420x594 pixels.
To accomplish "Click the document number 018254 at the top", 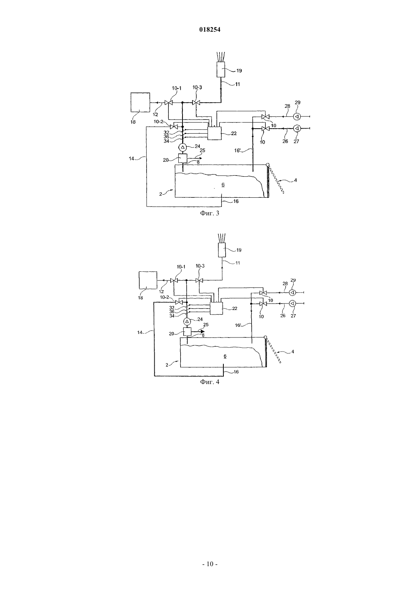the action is tap(210, 30).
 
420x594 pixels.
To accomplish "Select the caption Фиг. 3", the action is tap(210, 213).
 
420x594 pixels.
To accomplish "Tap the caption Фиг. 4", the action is tap(210, 382).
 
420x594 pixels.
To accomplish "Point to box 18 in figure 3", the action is tap(140, 102).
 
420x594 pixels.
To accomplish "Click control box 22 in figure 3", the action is tap(214, 133).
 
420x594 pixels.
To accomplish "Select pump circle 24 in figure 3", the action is tap(182, 147).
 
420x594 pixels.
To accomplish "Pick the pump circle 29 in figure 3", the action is tap(297, 116).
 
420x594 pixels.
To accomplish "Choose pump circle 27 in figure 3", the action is tap(297, 129).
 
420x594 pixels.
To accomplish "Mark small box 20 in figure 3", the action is tap(183, 158).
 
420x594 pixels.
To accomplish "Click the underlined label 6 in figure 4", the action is tap(225, 356).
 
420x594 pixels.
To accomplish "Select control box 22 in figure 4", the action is tap(216, 308).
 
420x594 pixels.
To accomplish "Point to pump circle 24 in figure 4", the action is tap(187, 321).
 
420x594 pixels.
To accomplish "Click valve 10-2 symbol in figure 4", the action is tap(179, 302).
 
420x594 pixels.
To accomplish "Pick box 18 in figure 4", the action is tap(148, 280).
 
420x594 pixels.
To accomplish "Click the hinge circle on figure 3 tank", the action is tap(268, 165).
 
